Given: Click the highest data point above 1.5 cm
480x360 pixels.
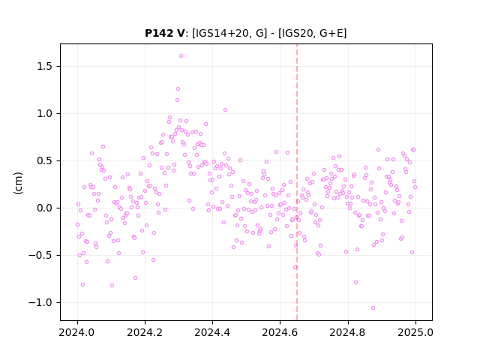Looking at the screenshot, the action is (181, 56).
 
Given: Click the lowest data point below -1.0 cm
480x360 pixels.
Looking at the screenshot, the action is (373, 308).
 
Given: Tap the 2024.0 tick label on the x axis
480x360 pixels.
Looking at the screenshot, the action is (77, 332).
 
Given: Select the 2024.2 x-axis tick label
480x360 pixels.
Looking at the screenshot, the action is (145, 332).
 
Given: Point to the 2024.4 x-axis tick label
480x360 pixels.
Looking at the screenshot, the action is (212, 332).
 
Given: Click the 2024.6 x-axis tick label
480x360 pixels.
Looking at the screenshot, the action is (280, 332).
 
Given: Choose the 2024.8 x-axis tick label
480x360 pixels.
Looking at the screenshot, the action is (347, 332).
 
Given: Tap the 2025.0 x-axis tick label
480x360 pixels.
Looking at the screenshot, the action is (415, 332).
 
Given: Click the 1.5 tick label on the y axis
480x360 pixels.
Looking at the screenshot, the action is (44, 67).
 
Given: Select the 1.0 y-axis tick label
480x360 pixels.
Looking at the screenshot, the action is (44, 113).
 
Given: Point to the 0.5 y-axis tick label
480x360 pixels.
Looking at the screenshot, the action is (44, 160).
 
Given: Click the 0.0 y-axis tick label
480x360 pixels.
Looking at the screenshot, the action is (44, 208).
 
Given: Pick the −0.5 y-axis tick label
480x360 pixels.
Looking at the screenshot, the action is (40, 255).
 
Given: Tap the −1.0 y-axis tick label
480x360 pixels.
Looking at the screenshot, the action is (40, 302).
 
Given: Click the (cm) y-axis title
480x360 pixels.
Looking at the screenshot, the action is (18, 183).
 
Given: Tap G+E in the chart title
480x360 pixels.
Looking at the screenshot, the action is (331, 33).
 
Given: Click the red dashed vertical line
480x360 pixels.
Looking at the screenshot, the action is (297, 182).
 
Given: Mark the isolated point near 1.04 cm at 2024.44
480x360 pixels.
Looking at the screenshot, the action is (225, 110).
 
